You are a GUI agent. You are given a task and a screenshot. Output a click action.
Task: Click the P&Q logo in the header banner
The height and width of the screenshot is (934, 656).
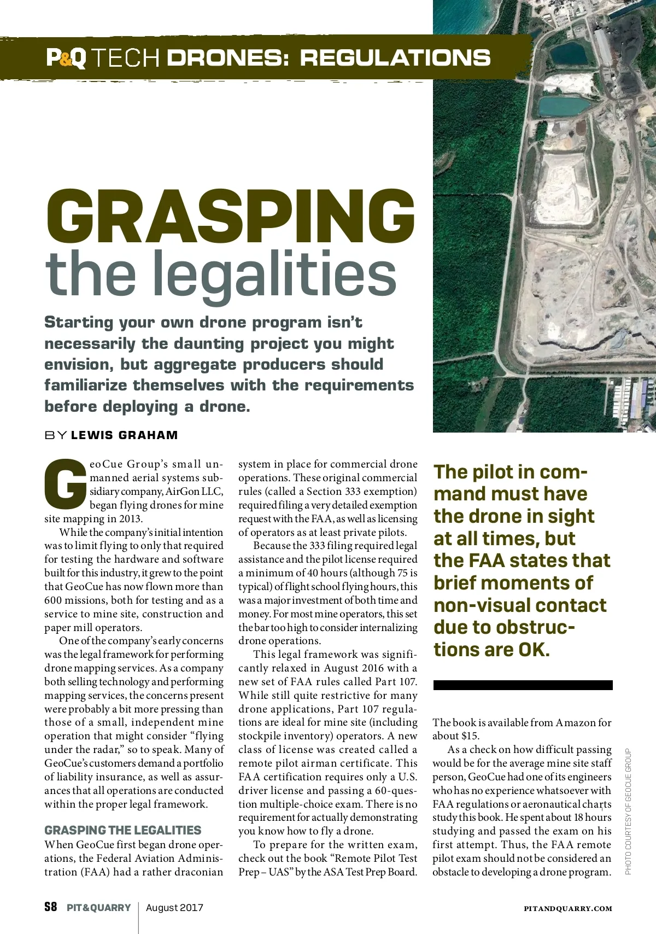click(66, 58)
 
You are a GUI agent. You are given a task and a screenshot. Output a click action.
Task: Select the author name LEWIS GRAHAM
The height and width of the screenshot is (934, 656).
click(125, 435)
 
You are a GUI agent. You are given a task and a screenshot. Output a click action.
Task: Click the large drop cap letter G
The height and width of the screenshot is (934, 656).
click(65, 482)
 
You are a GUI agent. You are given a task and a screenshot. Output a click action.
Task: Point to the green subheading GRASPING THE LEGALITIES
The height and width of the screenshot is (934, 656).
click(123, 830)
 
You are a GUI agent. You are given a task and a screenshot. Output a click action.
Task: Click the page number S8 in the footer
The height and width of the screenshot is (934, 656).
click(50, 907)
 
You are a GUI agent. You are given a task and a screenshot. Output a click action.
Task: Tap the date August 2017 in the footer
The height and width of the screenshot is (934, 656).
click(174, 908)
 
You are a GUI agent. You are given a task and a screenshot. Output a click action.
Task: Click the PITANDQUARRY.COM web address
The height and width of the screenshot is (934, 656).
click(568, 908)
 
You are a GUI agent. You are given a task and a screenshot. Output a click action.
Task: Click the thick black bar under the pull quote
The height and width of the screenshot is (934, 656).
click(523, 685)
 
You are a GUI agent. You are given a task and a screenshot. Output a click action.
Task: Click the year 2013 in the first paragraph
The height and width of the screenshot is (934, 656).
click(130, 518)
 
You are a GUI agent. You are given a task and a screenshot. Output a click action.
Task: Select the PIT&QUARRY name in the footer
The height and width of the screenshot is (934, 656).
click(99, 908)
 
